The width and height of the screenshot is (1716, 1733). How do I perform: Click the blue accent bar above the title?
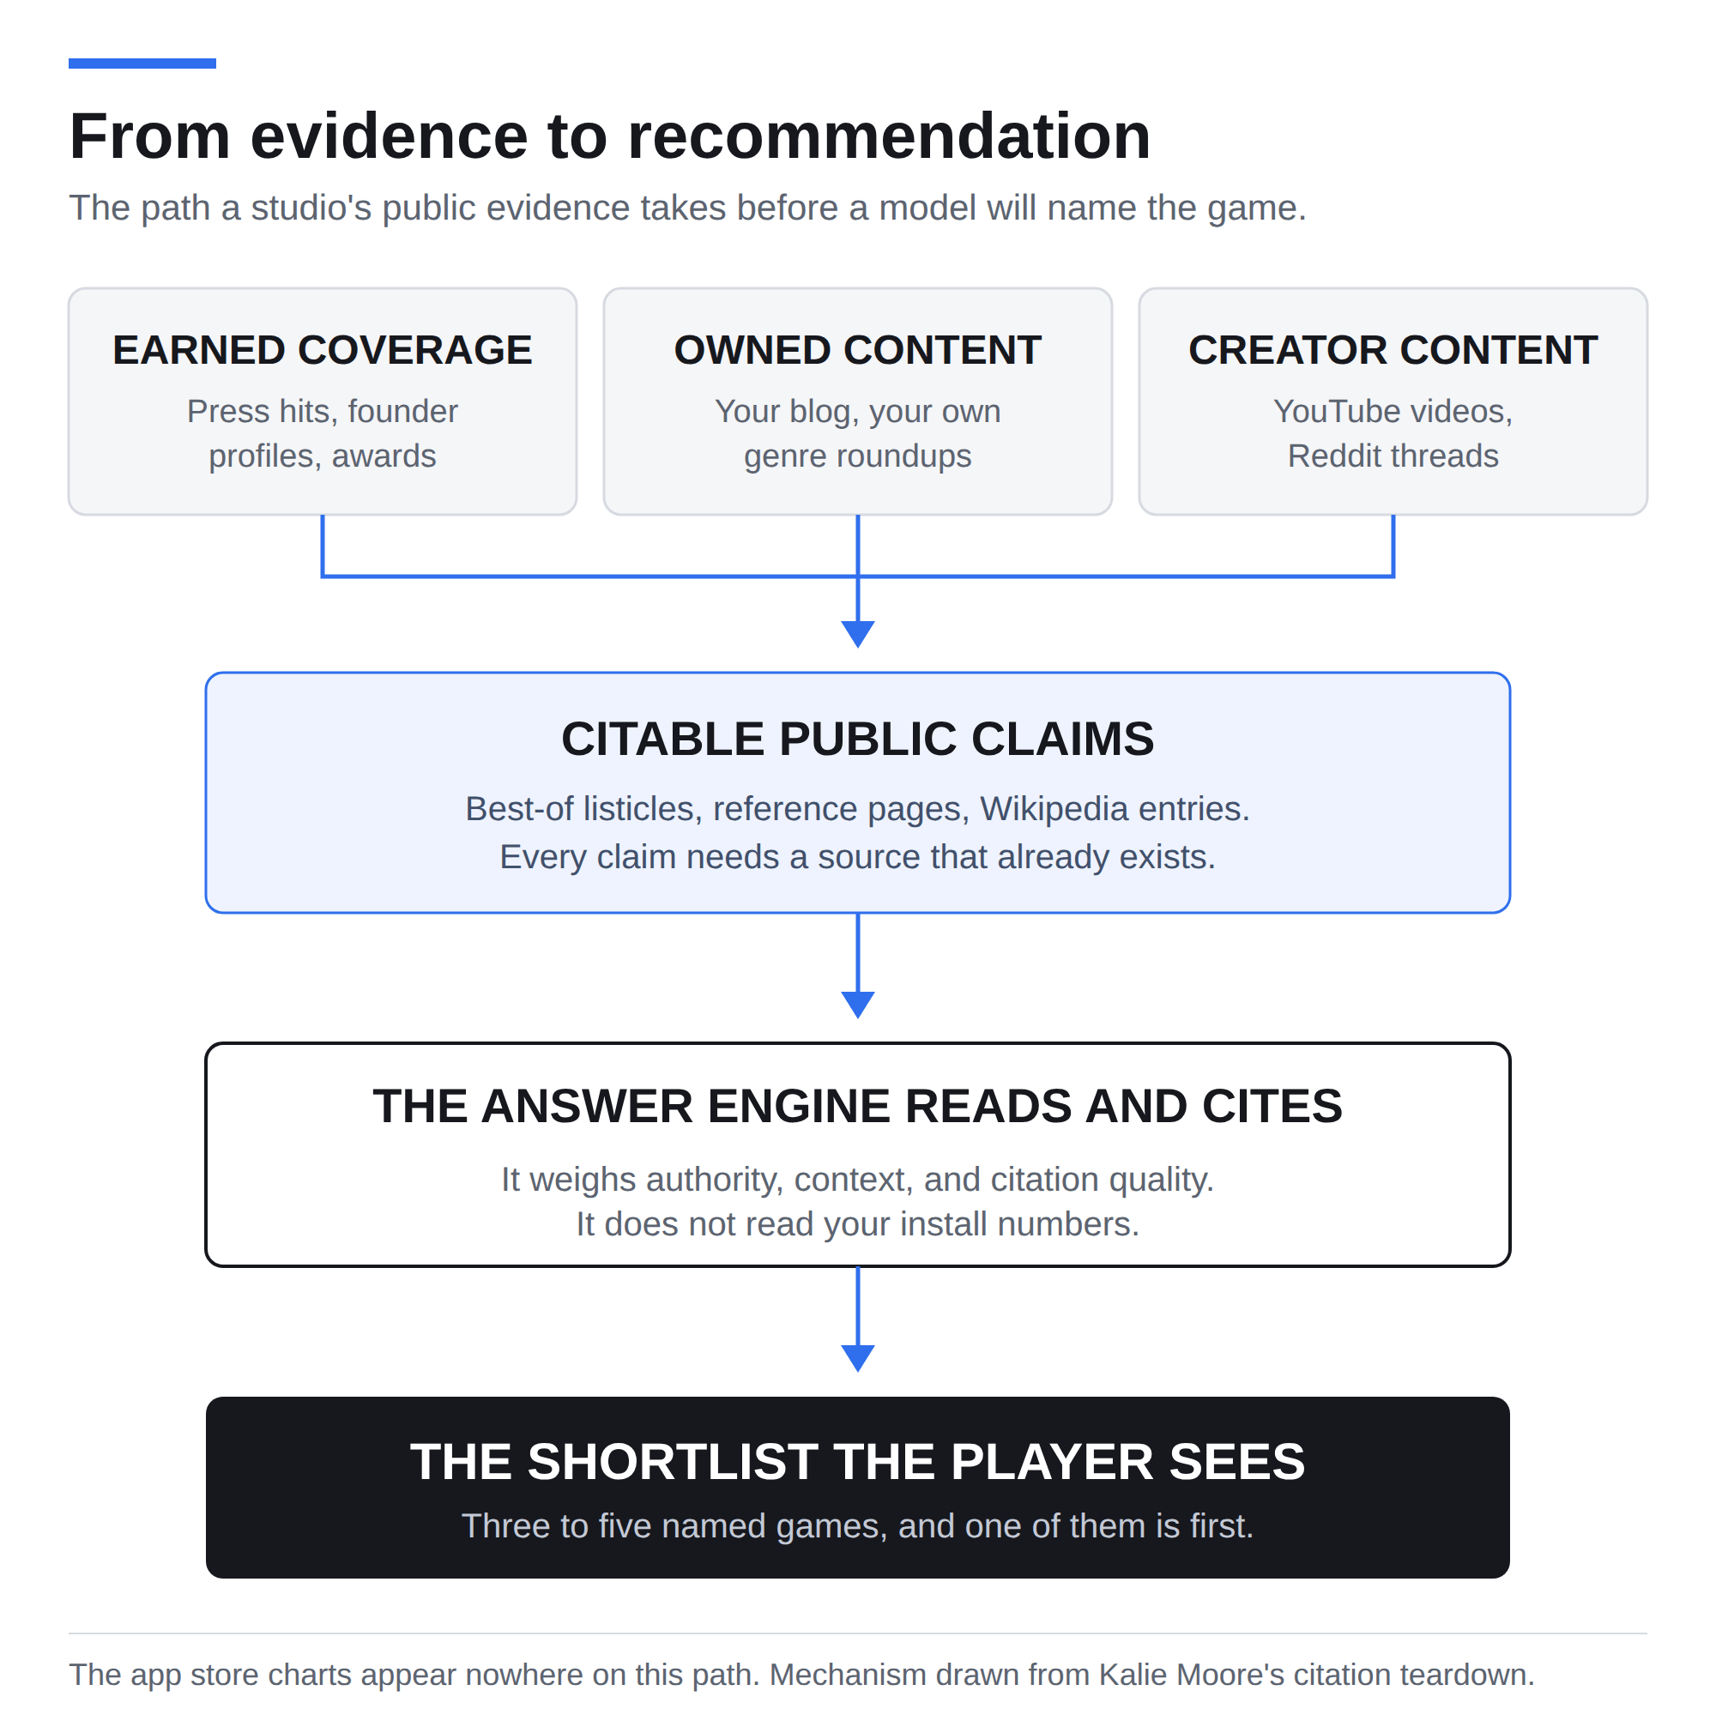[142, 63]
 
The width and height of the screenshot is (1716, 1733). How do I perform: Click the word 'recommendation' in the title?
[888, 136]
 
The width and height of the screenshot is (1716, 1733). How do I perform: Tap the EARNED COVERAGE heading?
[322, 350]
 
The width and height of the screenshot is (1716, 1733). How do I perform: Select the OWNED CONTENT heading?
[857, 350]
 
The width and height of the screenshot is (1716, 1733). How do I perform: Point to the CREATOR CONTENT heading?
[1393, 350]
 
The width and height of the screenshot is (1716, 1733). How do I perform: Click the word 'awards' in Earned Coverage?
[384, 456]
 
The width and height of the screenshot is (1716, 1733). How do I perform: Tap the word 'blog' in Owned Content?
[821, 412]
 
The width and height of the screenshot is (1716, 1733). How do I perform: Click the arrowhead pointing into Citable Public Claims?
[857, 633]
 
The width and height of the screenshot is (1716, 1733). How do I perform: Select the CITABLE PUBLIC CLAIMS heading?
[857, 740]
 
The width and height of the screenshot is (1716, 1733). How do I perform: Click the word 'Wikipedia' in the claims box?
[1053, 809]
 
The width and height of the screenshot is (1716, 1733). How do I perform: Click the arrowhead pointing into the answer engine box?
[857, 1005]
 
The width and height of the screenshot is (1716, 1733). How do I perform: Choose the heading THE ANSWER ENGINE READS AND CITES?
[857, 1106]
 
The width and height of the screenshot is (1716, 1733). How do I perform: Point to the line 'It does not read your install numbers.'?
[857, 1224]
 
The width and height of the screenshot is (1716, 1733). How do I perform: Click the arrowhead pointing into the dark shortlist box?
[857, 1358]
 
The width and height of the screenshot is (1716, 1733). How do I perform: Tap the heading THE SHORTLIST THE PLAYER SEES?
[857, 1462]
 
